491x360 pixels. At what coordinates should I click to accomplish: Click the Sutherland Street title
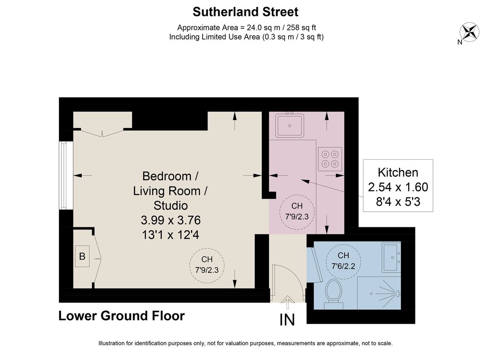click(x=245, y=12)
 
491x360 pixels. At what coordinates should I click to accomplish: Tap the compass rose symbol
click(x=469, y=32)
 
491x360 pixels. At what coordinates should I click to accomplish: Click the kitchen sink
click(x=290, y=125)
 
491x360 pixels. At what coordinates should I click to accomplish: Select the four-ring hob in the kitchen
click(x=330, y=159)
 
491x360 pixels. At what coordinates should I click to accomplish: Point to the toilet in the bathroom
click(x=333, y=294)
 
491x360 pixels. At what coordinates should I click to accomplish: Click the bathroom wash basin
click(x=391, y=257)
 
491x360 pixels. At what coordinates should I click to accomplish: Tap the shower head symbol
click(x=397, y=293)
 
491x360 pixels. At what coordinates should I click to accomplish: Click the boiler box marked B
click(x=82, y=256)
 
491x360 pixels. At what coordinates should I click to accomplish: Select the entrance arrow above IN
click(x=287, y=302)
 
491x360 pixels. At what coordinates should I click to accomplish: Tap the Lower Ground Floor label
click(x=122, y=316)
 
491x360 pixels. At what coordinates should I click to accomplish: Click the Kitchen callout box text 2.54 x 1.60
click(x=398, y=187)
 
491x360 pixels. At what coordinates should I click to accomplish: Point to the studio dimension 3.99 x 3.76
click(x=171, y=220)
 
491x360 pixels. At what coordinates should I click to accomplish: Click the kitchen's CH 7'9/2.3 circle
click(x=297, y=212)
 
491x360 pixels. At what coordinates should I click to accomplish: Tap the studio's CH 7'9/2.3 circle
click(x=207, y=265)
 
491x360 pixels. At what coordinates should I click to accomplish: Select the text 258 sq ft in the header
click(x=302, y=27)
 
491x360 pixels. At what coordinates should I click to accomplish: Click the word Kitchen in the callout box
click(x=398, y=172)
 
